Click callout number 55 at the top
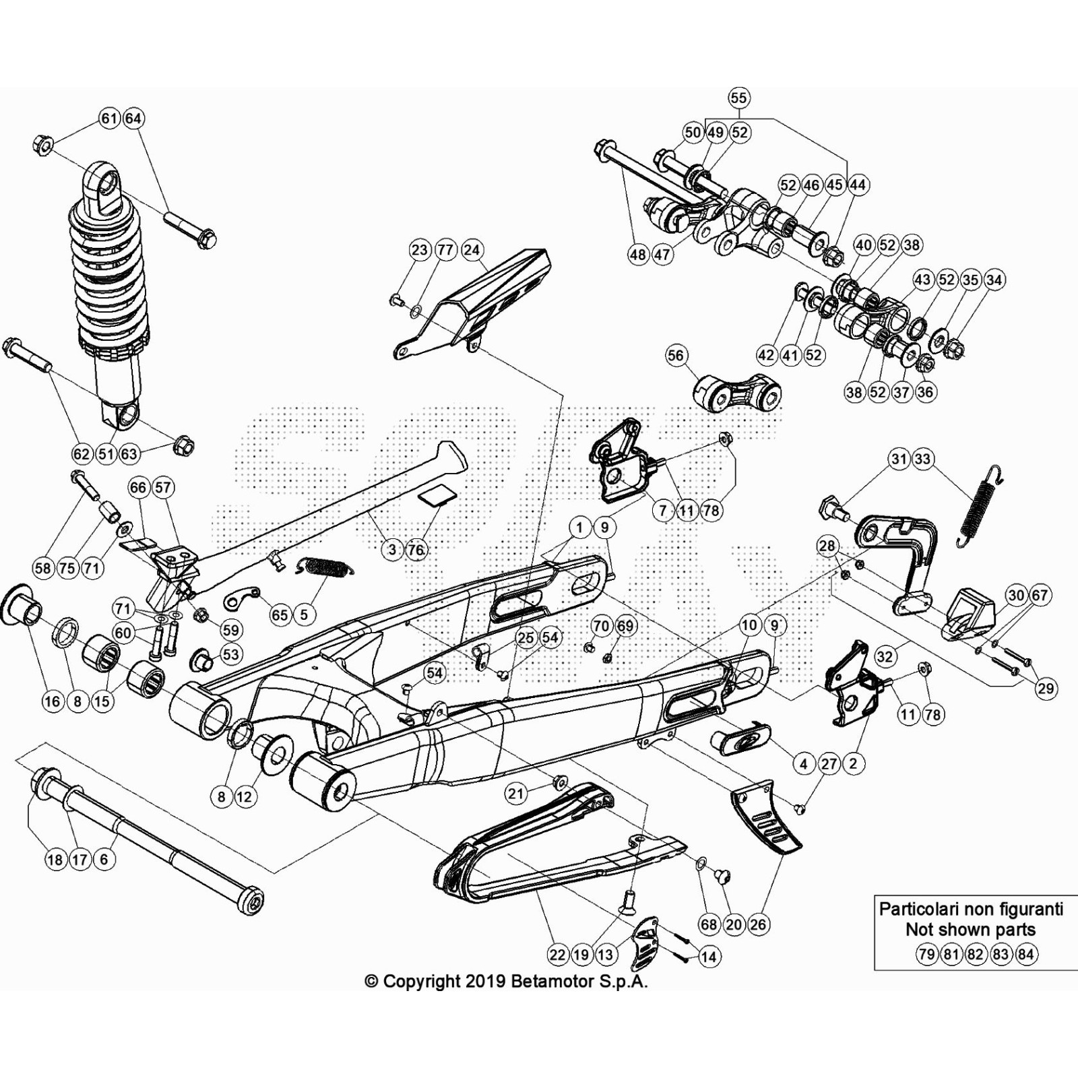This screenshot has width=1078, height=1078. [x=738, y=98]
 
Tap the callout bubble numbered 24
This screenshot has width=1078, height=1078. [x=472, y=250]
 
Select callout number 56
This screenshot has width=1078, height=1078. [x=676, y=356]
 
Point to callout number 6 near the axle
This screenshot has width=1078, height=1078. [x=103, y=859]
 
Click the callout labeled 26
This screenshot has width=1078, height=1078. [x=758, y=924]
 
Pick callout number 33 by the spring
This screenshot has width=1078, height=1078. [x=922, y=459]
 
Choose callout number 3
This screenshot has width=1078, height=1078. [x=392, y=549]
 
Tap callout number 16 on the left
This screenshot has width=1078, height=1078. [x=52, y=701]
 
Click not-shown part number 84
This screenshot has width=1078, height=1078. [x=1025, y=954]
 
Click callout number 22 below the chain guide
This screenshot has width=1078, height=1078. [x=557, y=955]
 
